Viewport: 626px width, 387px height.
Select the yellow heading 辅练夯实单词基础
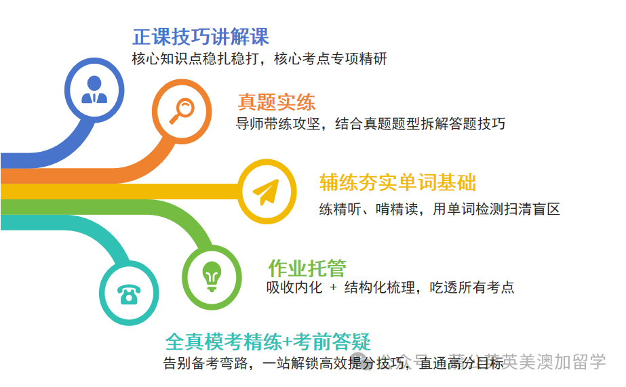point(397,182)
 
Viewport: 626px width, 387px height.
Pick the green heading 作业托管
point(307,268)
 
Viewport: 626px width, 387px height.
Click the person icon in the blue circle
point(94,89)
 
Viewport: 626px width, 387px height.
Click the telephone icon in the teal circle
point(129,293)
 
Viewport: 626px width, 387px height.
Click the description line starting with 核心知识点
point(259,59)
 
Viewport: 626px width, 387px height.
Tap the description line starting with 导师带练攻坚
point(370,123)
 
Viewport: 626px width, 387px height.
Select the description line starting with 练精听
point(439,209)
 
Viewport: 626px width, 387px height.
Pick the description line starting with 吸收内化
point(390,287)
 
